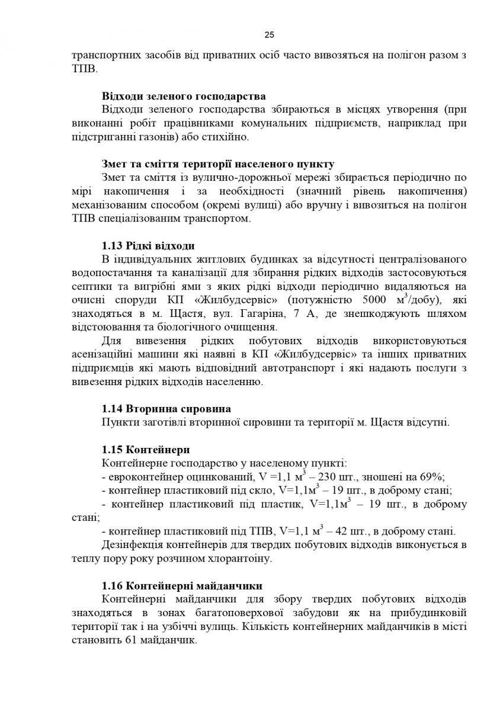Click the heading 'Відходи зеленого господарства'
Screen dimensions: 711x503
pyautogui.click(x=183, y=96)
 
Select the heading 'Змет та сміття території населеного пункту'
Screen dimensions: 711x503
pyautogui.click(x=218, y=164)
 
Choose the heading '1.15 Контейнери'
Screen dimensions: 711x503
pyautogui.click(x=146, y=449)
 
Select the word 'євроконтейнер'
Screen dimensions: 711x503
pyautogui.click(x=142, y=477)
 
